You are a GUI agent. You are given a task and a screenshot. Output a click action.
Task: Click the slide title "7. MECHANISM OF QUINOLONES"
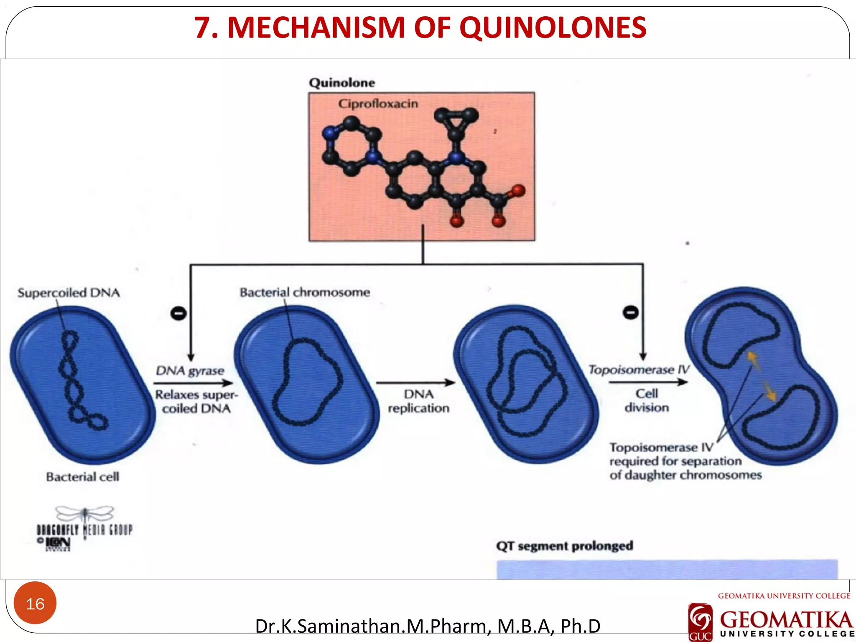coord(420,28)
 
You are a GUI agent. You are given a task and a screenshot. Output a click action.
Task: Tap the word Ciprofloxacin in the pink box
coord(378,103)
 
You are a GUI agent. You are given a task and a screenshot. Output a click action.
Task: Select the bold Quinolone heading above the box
coord(342,83)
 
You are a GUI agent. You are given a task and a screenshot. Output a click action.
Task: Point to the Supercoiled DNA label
coord(69,293)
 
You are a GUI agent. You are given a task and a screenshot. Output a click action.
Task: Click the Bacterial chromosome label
coord(305,292)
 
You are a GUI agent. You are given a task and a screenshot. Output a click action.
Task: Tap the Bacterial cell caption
coord(83,476)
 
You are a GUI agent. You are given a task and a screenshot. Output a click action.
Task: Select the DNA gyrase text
coord(190,370)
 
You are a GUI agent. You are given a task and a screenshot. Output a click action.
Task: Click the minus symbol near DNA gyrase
coord(178,313)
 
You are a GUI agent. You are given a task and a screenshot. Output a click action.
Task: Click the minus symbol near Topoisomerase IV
coord(631,312)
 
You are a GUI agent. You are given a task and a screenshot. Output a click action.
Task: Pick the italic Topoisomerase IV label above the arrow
coord(639,369)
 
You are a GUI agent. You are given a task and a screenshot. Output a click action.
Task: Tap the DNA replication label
coord(418,401)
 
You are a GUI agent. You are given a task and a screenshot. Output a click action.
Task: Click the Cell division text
coord(647,400)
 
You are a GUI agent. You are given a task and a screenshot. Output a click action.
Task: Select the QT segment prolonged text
coord(565,546)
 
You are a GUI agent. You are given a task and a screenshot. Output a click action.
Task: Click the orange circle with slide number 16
coord(35,603)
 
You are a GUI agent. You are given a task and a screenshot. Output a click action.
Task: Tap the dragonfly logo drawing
coord(85,513)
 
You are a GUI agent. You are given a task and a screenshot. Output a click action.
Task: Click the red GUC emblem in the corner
coord(700,622)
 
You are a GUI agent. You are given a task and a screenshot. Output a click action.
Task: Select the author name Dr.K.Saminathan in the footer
coord(428,626)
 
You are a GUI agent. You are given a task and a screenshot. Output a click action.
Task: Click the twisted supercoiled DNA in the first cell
coord(79,380)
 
